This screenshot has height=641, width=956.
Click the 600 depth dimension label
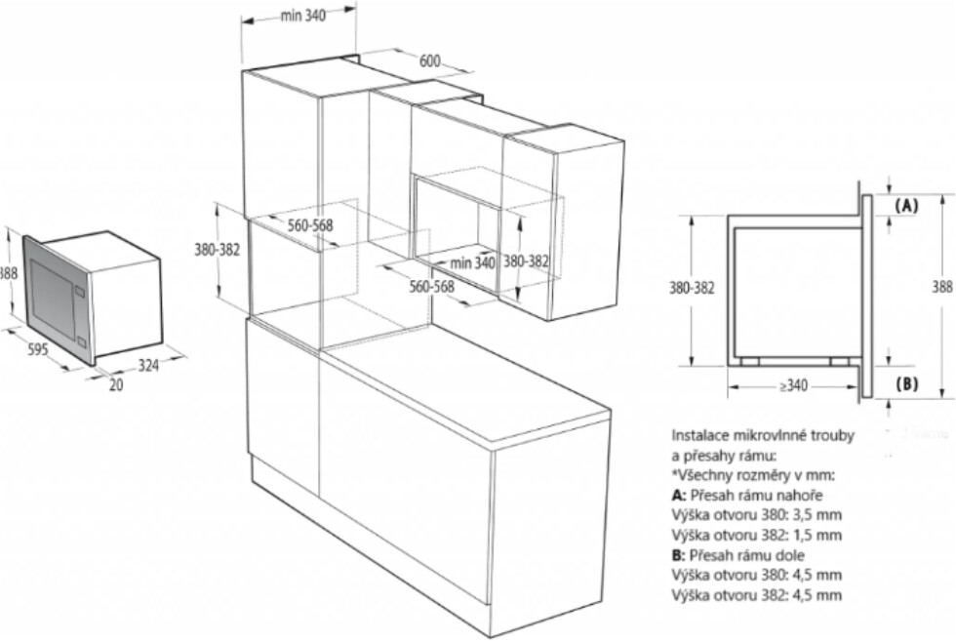[430, 60]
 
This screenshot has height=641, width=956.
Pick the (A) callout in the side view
[907, 206]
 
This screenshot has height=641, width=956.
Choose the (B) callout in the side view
[907, 383]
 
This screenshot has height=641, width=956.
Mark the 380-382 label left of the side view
[693, 288]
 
